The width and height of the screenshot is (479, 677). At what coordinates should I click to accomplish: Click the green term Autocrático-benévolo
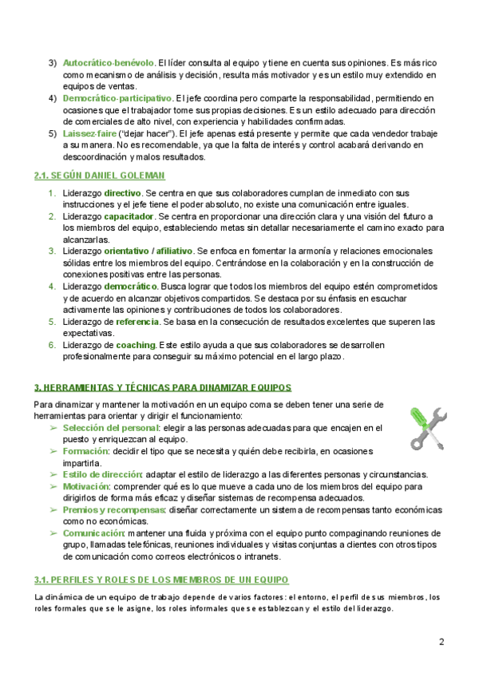coord(108,62)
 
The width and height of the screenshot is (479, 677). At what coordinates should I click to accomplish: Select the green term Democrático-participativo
coord(117,98)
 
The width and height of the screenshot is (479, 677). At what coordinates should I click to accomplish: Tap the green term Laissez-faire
coord(90,134)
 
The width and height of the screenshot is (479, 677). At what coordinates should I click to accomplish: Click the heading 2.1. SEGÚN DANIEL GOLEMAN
coord(100,176)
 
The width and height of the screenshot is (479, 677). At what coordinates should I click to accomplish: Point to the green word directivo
coord(123,194)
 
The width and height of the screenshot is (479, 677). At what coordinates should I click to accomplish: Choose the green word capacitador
coord(129,217)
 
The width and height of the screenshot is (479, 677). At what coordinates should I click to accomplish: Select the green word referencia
coord(137,322)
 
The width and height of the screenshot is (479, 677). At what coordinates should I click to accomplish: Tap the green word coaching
coord(136,345)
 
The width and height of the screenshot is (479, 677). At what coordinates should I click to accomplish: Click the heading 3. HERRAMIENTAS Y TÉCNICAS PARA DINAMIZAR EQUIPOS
coord(162,387)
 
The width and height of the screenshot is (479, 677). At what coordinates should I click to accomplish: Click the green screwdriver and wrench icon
coord(426,429)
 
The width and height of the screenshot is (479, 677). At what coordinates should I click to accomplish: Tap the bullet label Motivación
coord(85,485)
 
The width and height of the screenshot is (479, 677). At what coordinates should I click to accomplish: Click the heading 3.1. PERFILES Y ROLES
coord(161,579)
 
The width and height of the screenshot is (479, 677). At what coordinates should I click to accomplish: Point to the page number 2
coord(441,642)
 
